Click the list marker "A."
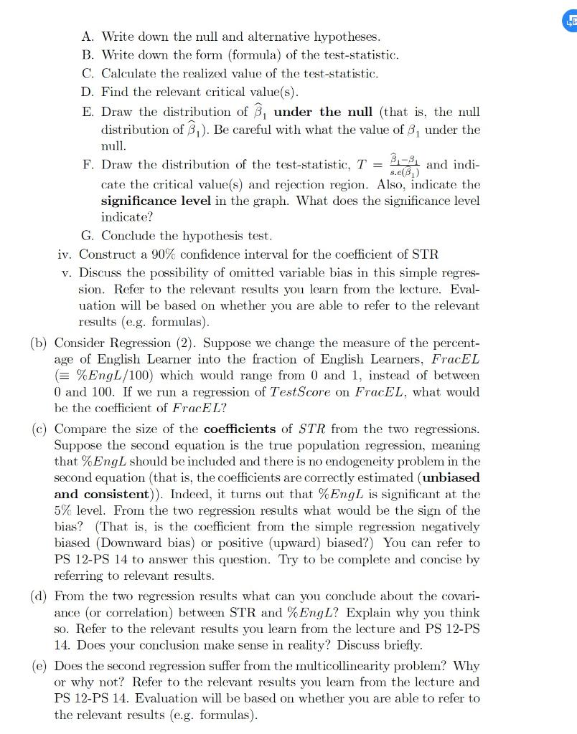tap(89, 36)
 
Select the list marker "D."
tap(89, 92)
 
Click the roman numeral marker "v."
tap(67, 272)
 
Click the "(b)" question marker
tap(40, 343)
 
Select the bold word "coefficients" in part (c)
tap(240, 429)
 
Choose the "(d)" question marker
tap(40, 596)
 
